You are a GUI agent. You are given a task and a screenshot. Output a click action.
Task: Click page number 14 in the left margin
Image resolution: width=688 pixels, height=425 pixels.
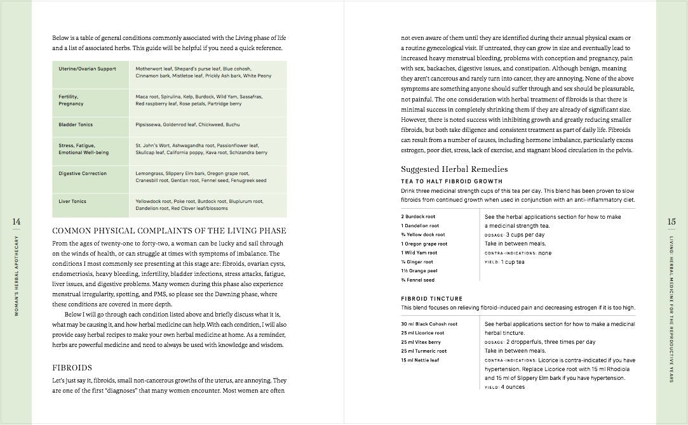coord(17,221)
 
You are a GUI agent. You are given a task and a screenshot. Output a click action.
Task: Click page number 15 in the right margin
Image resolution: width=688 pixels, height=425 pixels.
coord(671,221)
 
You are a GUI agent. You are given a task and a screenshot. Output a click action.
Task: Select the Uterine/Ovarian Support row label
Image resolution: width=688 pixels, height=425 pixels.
coord(87,69)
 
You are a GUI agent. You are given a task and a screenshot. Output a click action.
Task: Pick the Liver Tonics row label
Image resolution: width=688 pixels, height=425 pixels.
coord(72,201)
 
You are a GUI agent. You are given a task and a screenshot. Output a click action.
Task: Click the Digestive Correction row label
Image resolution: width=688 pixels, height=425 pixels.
coord(83,173)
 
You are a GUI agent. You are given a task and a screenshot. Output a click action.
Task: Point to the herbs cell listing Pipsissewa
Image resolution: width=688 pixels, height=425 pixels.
coord(187,124)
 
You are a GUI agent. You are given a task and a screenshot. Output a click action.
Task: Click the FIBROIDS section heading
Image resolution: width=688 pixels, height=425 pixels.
coord(72,367)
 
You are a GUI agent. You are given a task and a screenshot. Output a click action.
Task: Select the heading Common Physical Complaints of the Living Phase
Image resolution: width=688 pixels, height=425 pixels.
coord(169,230)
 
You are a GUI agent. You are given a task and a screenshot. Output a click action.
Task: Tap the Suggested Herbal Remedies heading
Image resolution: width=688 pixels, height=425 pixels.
coord(454,169)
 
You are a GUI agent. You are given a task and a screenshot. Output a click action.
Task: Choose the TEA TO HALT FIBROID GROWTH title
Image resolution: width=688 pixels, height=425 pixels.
coord(452,181)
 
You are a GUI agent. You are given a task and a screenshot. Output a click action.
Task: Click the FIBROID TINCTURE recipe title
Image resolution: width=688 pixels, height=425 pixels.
coord(431,298)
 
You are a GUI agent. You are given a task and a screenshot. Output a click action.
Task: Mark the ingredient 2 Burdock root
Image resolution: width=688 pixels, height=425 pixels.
coord(418,216)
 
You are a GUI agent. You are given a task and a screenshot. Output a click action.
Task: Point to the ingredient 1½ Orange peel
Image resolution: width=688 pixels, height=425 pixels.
coord(419,271)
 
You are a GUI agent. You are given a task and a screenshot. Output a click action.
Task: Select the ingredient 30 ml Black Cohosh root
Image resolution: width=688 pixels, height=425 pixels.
coord(429,324)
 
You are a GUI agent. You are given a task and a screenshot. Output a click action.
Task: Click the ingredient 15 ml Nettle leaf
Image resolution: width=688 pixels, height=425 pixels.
coord(421,360)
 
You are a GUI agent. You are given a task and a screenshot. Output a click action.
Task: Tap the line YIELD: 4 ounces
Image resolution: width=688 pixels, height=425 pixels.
coord(504,387)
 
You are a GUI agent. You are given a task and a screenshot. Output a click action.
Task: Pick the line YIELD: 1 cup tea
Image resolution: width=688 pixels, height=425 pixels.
coord(504,262)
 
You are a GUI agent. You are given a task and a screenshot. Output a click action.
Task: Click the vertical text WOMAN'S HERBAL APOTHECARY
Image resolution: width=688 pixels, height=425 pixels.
coord(17,277)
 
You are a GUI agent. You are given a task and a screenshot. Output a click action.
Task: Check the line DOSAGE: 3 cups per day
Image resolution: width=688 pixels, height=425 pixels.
coord(515,235)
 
